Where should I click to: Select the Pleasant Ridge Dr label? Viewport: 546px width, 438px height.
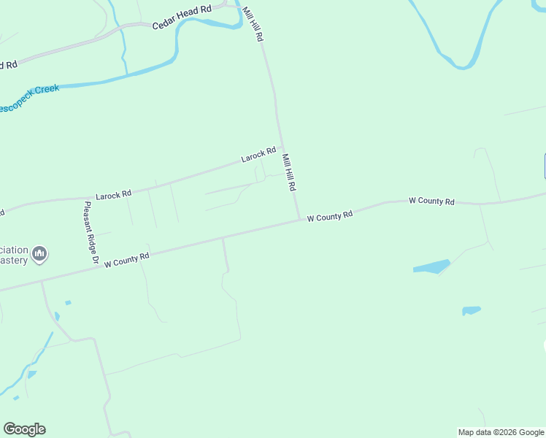(x=91, y=232)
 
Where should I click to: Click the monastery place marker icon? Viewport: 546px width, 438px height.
(x=40, y=254)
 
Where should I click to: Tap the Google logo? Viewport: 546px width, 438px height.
(x=24, y=429)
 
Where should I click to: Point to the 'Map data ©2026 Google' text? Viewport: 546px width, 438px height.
(x=501, y=432)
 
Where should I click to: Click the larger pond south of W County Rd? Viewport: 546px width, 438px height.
(x=431, y=266)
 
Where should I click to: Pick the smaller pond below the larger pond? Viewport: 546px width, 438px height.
(x=472, y=310)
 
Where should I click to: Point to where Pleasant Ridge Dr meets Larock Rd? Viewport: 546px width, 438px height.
(x=81, y=196)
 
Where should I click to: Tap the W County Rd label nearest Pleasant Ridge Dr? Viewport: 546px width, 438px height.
(x=127, y=259)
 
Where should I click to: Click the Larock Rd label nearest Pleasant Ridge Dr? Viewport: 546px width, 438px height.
(x=113, y=195)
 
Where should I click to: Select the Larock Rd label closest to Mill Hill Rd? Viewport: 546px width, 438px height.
(x=258, y=155)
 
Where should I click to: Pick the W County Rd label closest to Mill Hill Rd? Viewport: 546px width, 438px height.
(x=330, y=216)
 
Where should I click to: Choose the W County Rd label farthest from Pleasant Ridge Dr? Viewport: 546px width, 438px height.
(x=431, y=201)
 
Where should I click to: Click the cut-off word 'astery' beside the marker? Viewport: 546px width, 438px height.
(x=14, y=261)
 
